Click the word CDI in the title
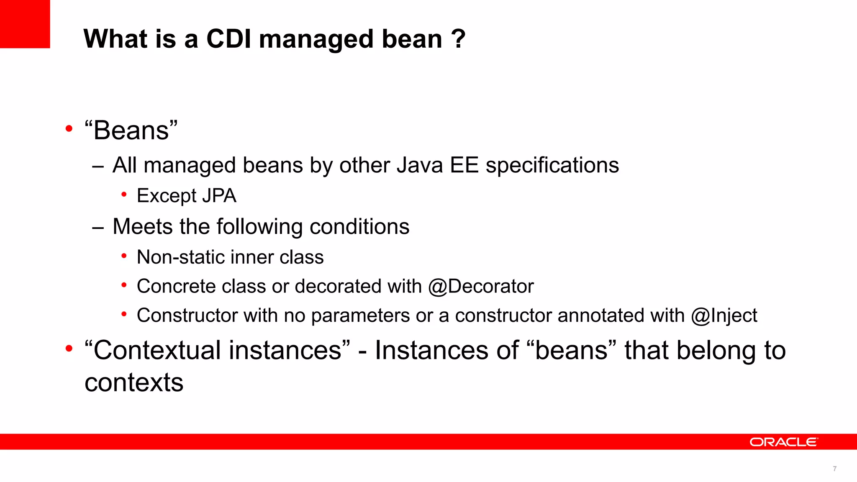(229, 39)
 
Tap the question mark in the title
(459, 39)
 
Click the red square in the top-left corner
(25, 24)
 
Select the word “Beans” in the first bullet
(131, 130)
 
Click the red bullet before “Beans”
(69, 128)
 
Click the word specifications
(552, 165)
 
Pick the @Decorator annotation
(481, 287)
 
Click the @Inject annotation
(724, 316)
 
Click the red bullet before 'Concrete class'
(124, 285)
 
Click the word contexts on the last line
(134, 382)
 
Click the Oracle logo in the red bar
(783, 442)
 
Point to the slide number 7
(835, 469)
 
